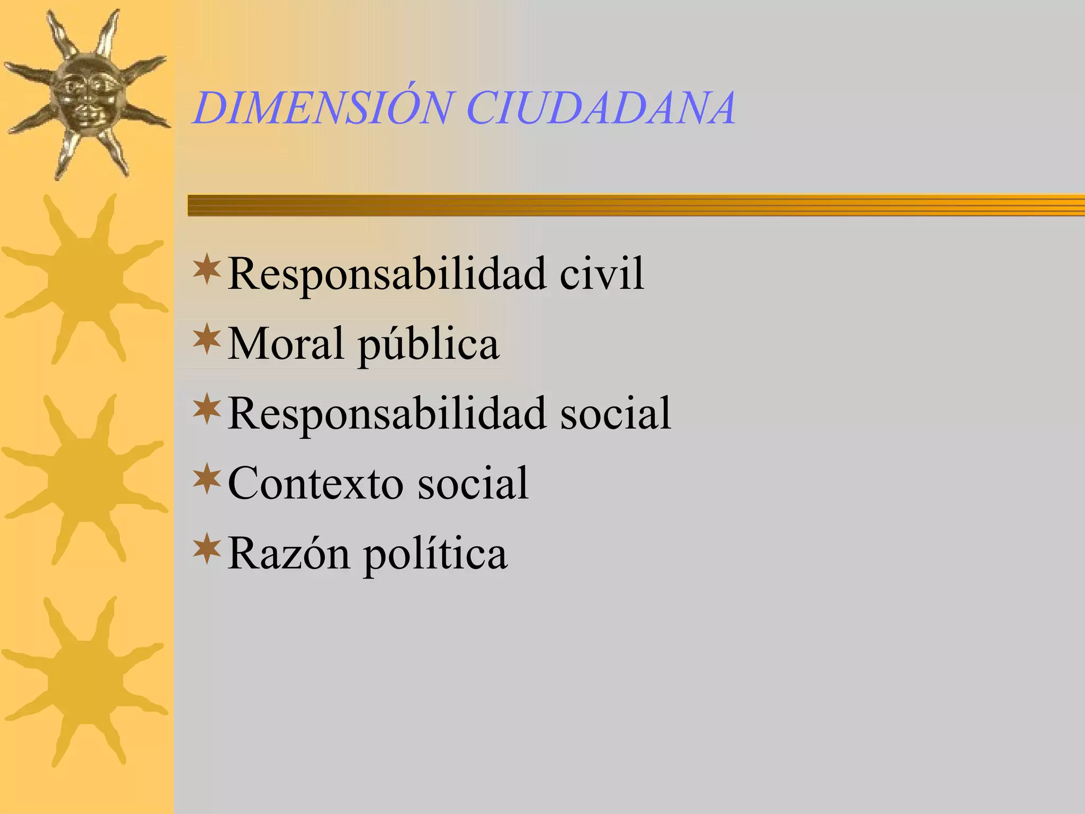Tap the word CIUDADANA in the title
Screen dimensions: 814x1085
click(x=601, y=109)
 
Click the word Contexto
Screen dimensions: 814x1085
click(x=315, y=483)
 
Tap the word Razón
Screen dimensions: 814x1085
click(x=289, y=554)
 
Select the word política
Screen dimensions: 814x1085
click(x=435, y=555)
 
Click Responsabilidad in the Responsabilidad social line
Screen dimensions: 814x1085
click(x=387, y=414)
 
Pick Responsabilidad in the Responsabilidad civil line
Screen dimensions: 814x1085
click(x=387, y=275)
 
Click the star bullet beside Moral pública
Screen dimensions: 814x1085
click(x=207, y=340)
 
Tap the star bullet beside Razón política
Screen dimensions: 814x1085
click(x=207, y=550)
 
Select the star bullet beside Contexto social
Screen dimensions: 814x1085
click(x=207, y=479)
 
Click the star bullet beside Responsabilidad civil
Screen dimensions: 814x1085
click(x=207, y=269)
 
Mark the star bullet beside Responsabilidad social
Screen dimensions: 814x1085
click(x=207, y=410)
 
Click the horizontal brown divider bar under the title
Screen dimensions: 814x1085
click(x=636, y=205)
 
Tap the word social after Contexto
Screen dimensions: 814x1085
click(x=473, y=483)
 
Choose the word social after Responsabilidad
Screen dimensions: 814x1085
click(x=616, y=413)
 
